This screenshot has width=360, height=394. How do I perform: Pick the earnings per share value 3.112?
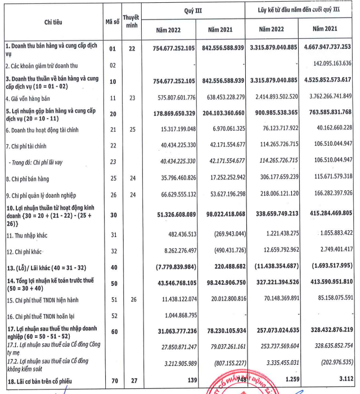click(344, 383)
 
